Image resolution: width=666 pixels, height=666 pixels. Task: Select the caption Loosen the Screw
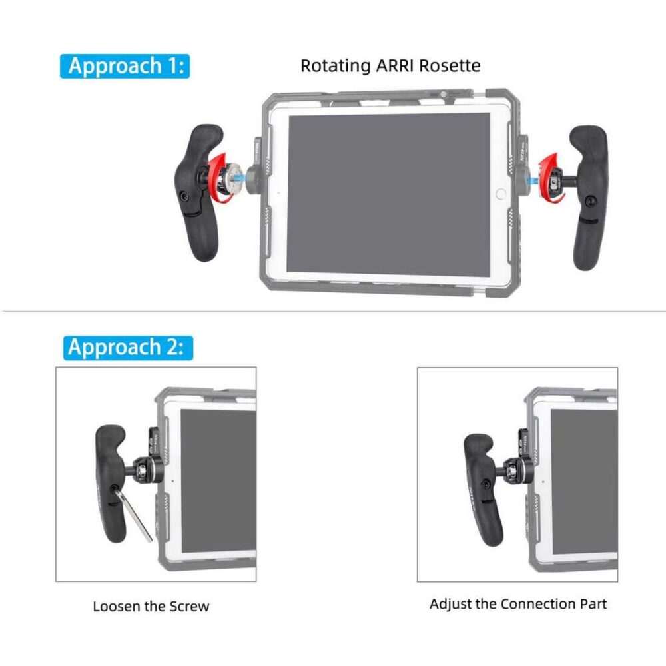[x=151, y=606]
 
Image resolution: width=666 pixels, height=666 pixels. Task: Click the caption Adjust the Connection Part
[x=518, y=604]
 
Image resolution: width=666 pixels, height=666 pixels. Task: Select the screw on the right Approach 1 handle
[x=591, y=200]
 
